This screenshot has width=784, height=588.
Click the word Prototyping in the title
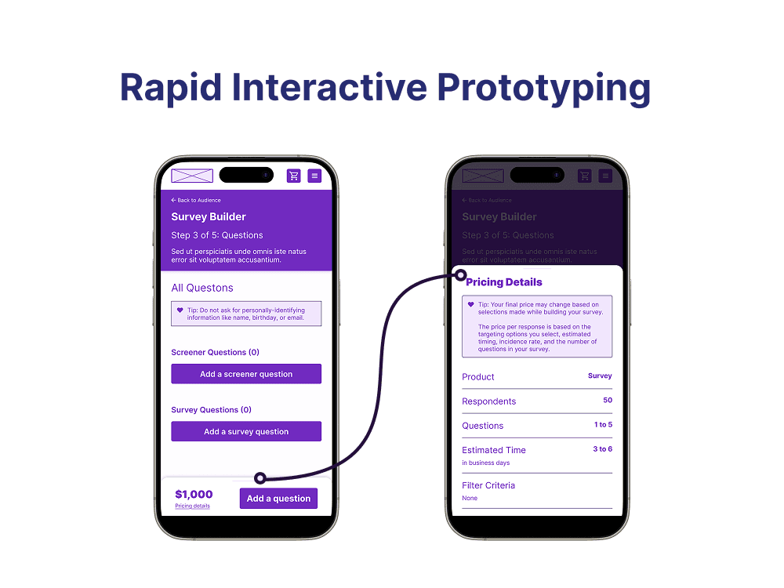pyautogui.click(x=543, y=88)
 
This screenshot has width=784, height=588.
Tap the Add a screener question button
pyautogui.click(x=246, y=374)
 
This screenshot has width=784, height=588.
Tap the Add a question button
pyautogui.click(x=278, y=499)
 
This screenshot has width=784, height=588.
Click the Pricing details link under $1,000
pyautogui.click(x=192, y=506)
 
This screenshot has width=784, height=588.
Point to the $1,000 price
pyautogui.click(x=194, y=494)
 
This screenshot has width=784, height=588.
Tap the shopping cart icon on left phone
pyautogui.click(x=294, y=176)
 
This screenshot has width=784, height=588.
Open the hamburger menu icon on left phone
pyautogui.click(x=314, y=176)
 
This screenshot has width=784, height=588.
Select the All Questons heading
pyautogui.click(x=202, y=288)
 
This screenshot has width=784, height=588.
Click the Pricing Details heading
pyautogui.click(x=504, y=282)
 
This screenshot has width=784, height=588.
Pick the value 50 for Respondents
pyautogui.click(x=608, y=400)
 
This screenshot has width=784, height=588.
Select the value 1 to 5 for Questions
pyautogui.click(x=603, y=424)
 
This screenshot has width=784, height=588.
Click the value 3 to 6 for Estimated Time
pyautogui.click(x=602, y=448)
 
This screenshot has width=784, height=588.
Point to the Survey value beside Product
pyautogui.click(x=600, y=376)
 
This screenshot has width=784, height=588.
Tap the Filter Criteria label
pyautogui.click(x=488, y=485)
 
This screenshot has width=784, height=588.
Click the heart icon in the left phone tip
pyautogui.click(x=180, y=310)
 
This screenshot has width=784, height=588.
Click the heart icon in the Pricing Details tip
pyautogui.click(x=470, y=304)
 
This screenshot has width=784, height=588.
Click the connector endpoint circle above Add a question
pyautogui.click(x=260, y=477)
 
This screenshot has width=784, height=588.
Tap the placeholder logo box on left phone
pyautogui.click(x=192, y=176)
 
